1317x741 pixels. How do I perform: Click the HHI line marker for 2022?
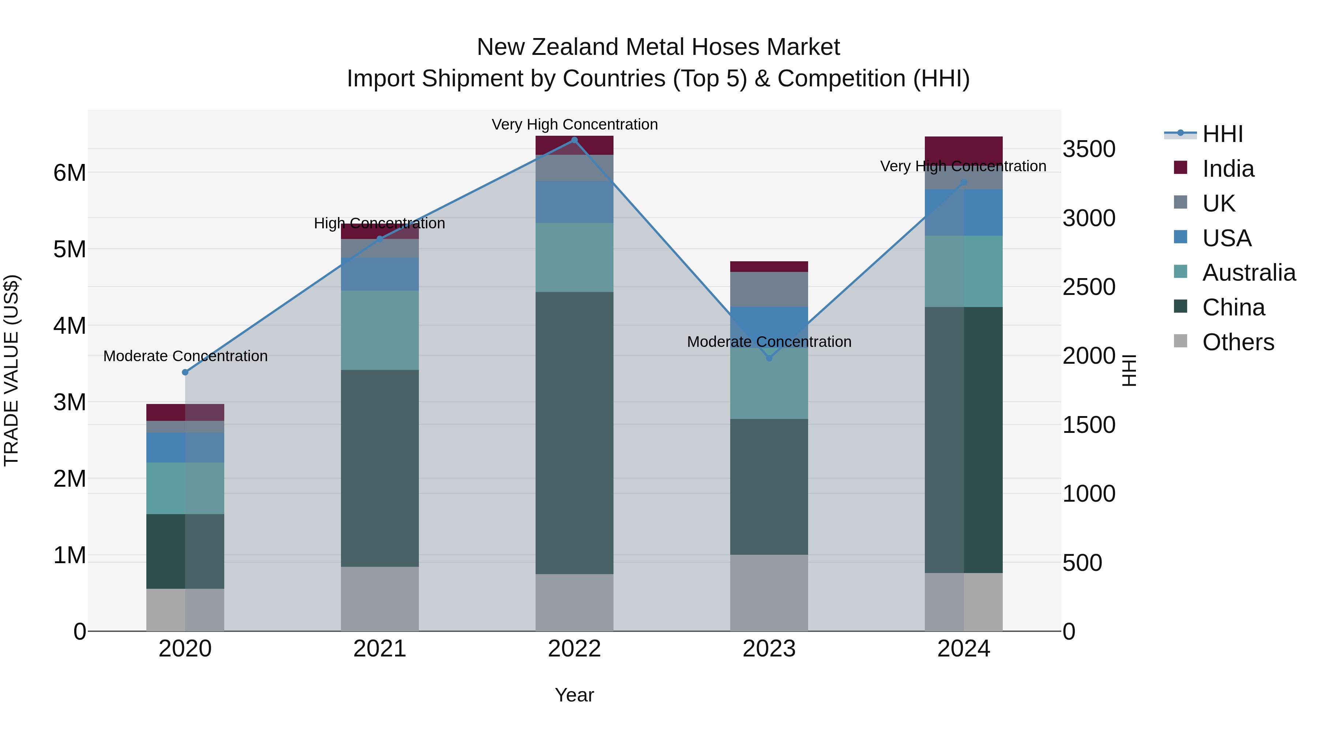point(574,140)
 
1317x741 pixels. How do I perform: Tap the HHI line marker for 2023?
point(769,358)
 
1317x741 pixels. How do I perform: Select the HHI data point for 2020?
point(185,372)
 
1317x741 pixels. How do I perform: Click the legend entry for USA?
point(1227,238)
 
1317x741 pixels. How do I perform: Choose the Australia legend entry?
point(1248,273)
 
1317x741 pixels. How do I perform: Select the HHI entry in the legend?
point(1222,134)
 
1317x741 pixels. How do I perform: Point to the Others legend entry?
point(1238,342)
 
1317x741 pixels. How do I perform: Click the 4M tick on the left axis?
point(70,326)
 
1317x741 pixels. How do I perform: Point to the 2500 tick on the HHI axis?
point(1089,287)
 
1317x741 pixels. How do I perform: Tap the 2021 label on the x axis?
point(380,649)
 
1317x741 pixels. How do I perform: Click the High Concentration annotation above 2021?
point(379,224)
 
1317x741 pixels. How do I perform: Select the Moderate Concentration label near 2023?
point(769,342)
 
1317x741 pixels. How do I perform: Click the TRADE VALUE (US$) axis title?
point(11,370)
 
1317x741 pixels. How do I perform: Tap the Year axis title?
point(574,695)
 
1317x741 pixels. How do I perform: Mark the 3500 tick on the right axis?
point(1089,149)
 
